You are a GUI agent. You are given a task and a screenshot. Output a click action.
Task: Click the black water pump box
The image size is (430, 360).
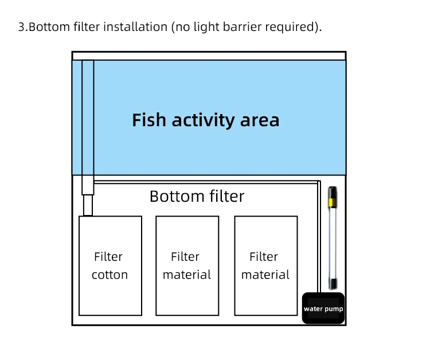click(323, 308)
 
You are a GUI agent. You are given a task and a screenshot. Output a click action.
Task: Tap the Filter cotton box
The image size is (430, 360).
click(110, 265)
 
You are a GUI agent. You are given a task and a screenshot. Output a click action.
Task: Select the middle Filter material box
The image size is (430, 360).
click(187, 265)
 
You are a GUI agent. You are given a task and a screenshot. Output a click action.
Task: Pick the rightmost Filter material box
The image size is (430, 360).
click(265, 265)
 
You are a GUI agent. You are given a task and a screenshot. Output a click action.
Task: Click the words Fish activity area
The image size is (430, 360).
click(205, 120)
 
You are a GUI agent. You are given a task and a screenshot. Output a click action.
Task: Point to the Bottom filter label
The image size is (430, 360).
click(197, 197)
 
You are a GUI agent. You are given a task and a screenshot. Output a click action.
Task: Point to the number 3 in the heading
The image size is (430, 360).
click(22, 28)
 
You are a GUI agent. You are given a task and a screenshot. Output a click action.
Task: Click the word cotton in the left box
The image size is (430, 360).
click(110, 275)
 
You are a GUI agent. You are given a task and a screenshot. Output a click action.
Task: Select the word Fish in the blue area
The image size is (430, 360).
click(149, 120)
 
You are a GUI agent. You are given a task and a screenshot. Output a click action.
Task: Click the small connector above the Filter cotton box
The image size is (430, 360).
click(88, 205)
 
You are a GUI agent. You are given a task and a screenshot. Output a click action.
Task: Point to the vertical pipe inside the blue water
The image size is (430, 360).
click(88, 115)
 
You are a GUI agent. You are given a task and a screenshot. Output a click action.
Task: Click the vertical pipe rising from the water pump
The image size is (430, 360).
click(318, 241)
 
